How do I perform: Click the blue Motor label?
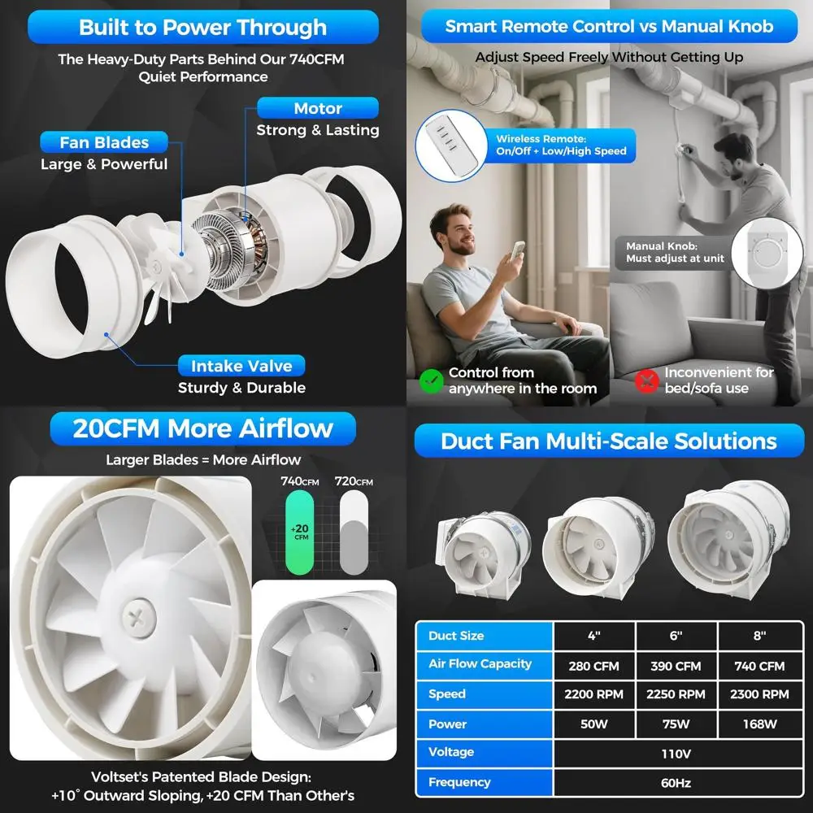(x=318, y=108)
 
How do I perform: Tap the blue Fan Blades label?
(x=104, y=143)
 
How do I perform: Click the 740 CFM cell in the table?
(x=759, y=666)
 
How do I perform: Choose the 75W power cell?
(x=676, y=724)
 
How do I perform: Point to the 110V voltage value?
(x=676, y=754)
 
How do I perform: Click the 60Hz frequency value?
(x=676, y=783)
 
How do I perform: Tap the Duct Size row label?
(x=456, y=636)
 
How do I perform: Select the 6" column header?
(x=676, y=636)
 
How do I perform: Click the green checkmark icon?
(x=431, y=380)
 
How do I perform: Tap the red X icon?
(x=646, y=380)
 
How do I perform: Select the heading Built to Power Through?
(x=202, y=28)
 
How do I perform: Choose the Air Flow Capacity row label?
(x=480, y=664)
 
